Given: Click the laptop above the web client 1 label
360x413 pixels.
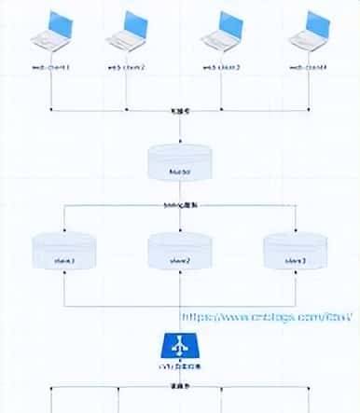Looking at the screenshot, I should pos(50,31).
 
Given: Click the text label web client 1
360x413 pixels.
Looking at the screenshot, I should pos(48,67).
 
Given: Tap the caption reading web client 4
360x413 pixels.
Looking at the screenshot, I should pos(308,67).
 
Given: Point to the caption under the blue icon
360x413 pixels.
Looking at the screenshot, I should pos(179,374).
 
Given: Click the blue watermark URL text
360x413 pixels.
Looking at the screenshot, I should pos(266,318).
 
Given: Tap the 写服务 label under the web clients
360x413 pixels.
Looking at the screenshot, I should pos(179,110).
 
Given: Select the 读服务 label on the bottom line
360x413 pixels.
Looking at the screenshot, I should pos(179,387).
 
